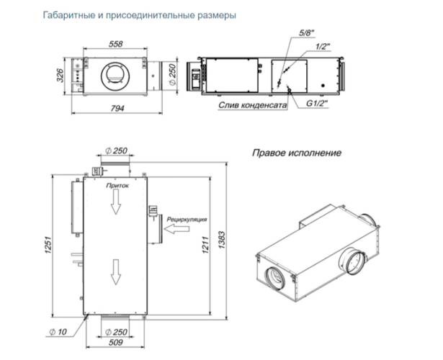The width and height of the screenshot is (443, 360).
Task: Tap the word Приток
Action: pos(117,185)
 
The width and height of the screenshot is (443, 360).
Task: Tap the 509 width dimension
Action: pos(116,343)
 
